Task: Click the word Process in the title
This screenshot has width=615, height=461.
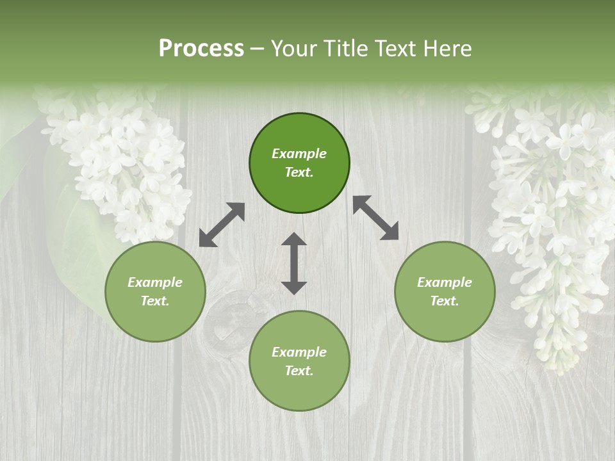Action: (x=201, y=49)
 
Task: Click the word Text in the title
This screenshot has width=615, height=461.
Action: (x=395, y=49)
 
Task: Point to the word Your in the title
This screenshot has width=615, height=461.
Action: (x=294, y=49)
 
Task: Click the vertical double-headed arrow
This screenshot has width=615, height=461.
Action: (x=294, y=263)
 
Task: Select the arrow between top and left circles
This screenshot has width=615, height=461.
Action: (x=222, y=225)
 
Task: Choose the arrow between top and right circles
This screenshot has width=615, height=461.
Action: (x=375, y=218)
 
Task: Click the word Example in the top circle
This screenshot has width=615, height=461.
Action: (x=299, y=154)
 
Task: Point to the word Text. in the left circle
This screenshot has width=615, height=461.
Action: (x=155, y=301)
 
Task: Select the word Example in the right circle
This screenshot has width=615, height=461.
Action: (x=445, y=282)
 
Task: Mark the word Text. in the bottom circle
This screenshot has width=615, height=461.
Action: (x=299, y=371)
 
